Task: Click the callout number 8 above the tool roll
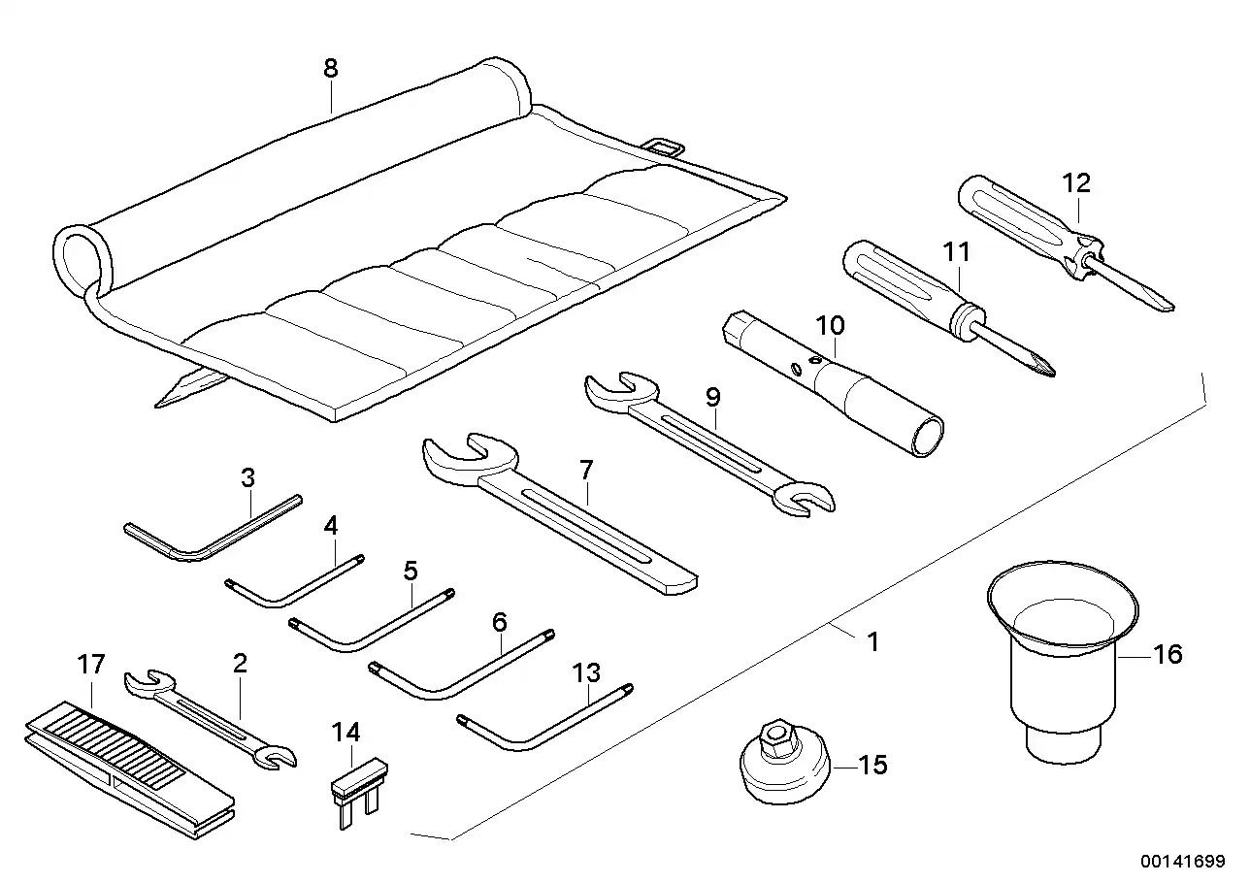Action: pos(331,68)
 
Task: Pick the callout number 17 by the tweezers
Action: pos(90,667)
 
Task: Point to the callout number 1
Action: pos(872,642)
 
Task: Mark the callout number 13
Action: pos(587,671)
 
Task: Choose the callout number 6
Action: pos(500,620)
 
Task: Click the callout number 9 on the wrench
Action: pos(713,396)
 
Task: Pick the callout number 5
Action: pos(411,569)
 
